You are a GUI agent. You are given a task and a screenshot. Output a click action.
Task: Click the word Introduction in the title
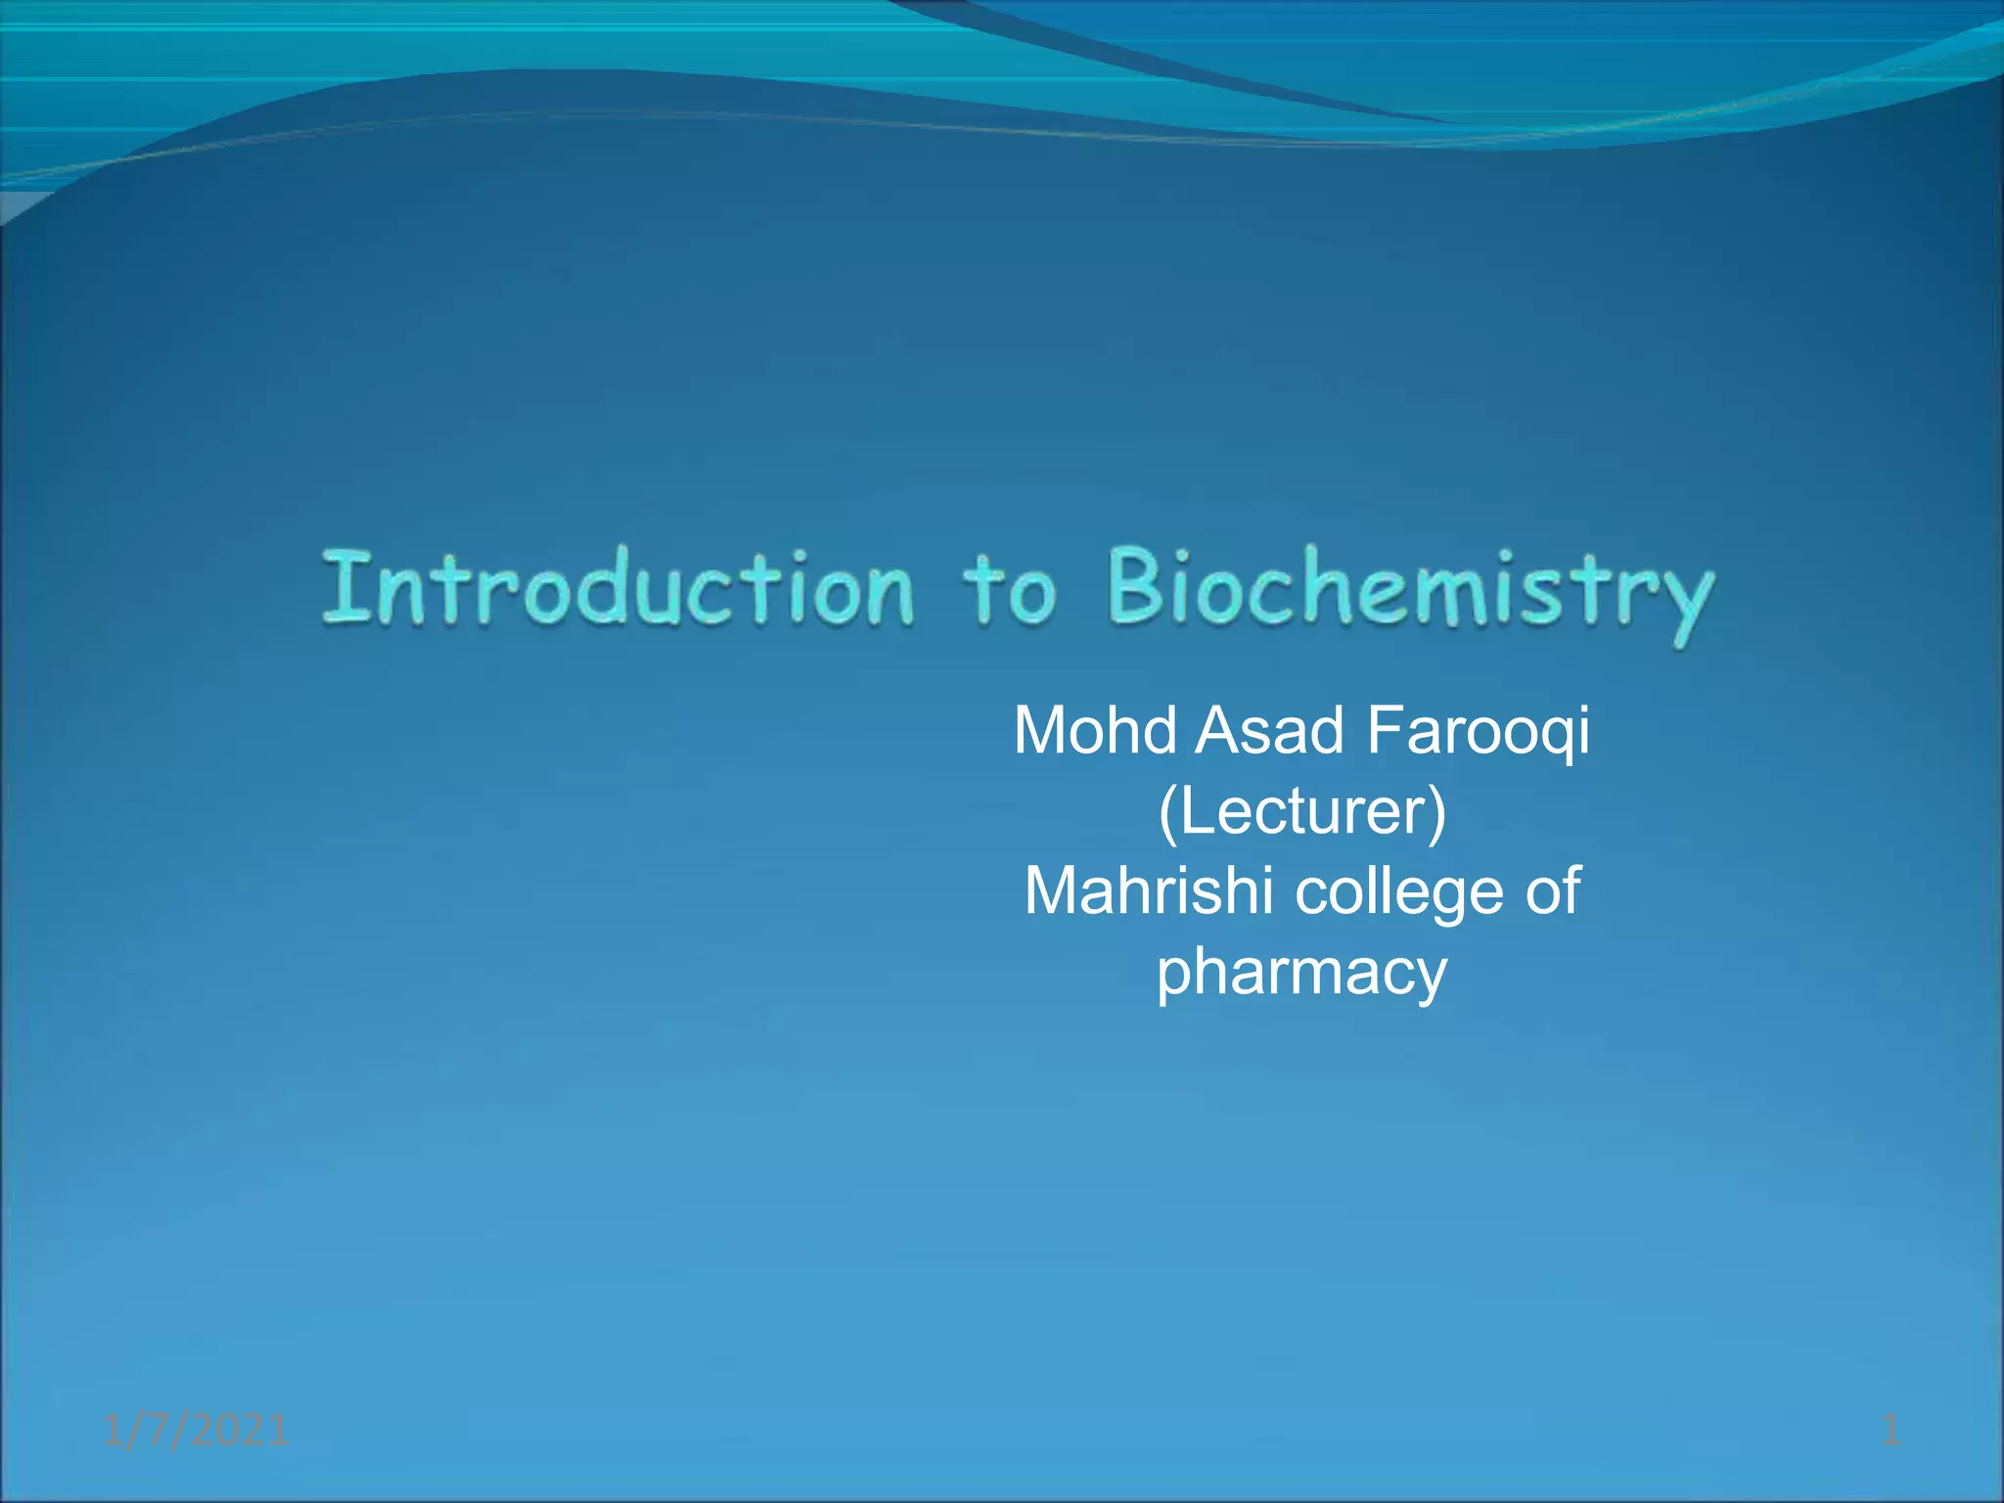tap(618, 589)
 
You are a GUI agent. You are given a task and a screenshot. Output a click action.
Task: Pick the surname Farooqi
tap(1478, 733)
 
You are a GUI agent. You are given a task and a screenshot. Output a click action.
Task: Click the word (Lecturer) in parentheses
tap(1301, 811)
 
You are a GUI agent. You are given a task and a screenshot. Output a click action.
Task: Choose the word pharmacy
tap(1301, 974)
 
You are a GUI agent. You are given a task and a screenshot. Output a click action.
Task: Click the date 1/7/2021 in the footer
tap(196, 1431)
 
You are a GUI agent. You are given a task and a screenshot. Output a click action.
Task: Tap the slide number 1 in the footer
tap(1890, 1431)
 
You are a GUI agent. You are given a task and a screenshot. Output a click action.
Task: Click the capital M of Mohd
tap(1041, 731)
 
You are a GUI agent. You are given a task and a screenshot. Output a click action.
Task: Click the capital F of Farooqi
tap(1385, 731)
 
